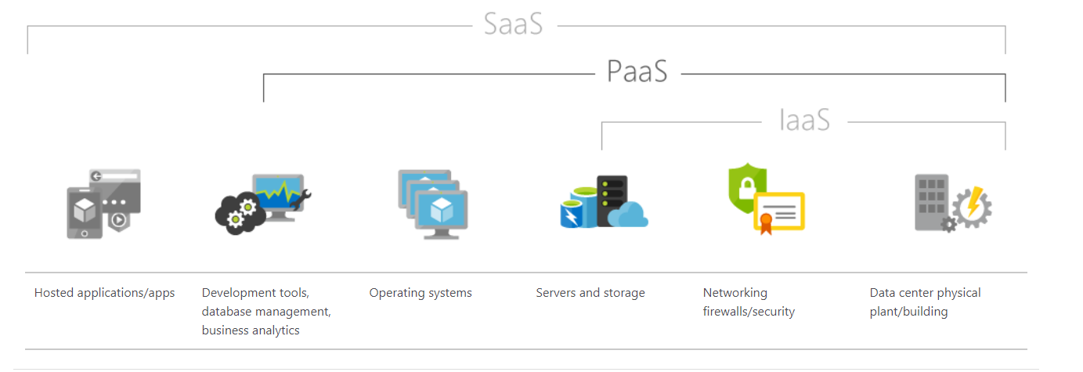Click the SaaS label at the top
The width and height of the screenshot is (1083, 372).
click(513, 23)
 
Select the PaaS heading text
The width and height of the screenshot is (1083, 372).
click(637, 72)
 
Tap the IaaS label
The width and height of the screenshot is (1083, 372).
click(804, 121)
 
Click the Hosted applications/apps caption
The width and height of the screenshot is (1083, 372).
click(104, 293)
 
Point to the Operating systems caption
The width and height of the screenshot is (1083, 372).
click(421, 293)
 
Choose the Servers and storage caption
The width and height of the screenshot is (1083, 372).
click(590, 293)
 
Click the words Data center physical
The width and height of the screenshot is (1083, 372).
click(925, 293)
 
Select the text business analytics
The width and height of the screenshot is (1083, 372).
click(251, 330)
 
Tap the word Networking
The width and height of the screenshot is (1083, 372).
click(735, 293)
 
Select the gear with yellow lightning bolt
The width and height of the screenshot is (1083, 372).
click(972, 207)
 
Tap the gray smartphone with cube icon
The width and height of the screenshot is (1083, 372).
click(84, 211)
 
